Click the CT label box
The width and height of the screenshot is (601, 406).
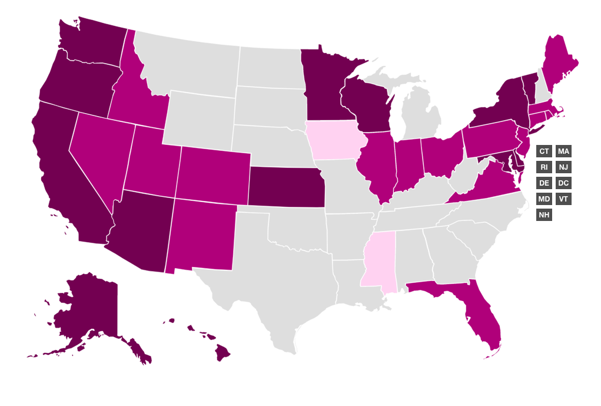point(544,151)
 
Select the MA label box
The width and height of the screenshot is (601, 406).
point(563,151)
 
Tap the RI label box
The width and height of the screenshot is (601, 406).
point(544,167)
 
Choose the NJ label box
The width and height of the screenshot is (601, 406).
point(563,167)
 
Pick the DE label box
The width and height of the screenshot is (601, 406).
point(544,183)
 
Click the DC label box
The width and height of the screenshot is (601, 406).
point(563,183)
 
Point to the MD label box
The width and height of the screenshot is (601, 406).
point(544,199)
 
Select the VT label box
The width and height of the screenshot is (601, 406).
point(563,199)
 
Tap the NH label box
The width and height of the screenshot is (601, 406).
point(544,215)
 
